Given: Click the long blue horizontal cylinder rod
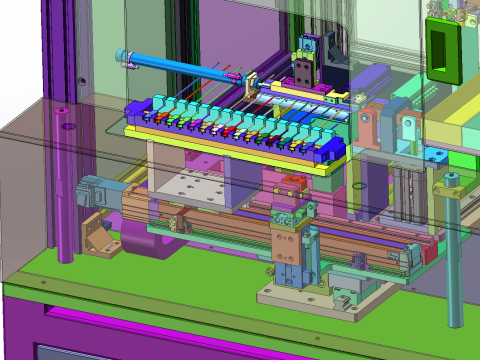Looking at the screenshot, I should tap(175, 66).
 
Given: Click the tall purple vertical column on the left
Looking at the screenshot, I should tap(66, 190).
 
